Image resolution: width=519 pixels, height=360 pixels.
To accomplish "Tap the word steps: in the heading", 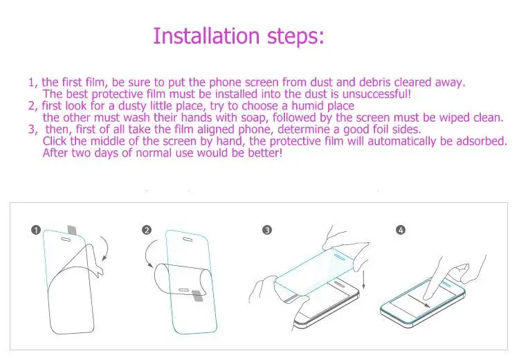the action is point(295,37).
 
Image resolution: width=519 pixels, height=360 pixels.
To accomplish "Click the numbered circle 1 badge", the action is point(36,230).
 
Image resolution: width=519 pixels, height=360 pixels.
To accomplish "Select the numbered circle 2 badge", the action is point(146,230).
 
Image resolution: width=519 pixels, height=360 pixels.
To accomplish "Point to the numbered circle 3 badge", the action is point(267,230).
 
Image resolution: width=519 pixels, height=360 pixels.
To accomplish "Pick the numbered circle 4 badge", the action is point(401,230).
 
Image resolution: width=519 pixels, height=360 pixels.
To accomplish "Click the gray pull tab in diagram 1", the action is point(72,230).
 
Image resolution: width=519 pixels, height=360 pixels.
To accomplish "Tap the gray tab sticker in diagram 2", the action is point(198,296).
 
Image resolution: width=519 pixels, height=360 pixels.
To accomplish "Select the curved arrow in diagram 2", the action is point(147,253).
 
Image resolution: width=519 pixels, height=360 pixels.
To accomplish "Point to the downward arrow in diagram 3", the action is point(364,279).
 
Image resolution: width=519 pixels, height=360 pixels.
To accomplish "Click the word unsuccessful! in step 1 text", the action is point(376,94).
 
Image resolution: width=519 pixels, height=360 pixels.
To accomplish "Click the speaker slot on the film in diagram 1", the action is point(66,239).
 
